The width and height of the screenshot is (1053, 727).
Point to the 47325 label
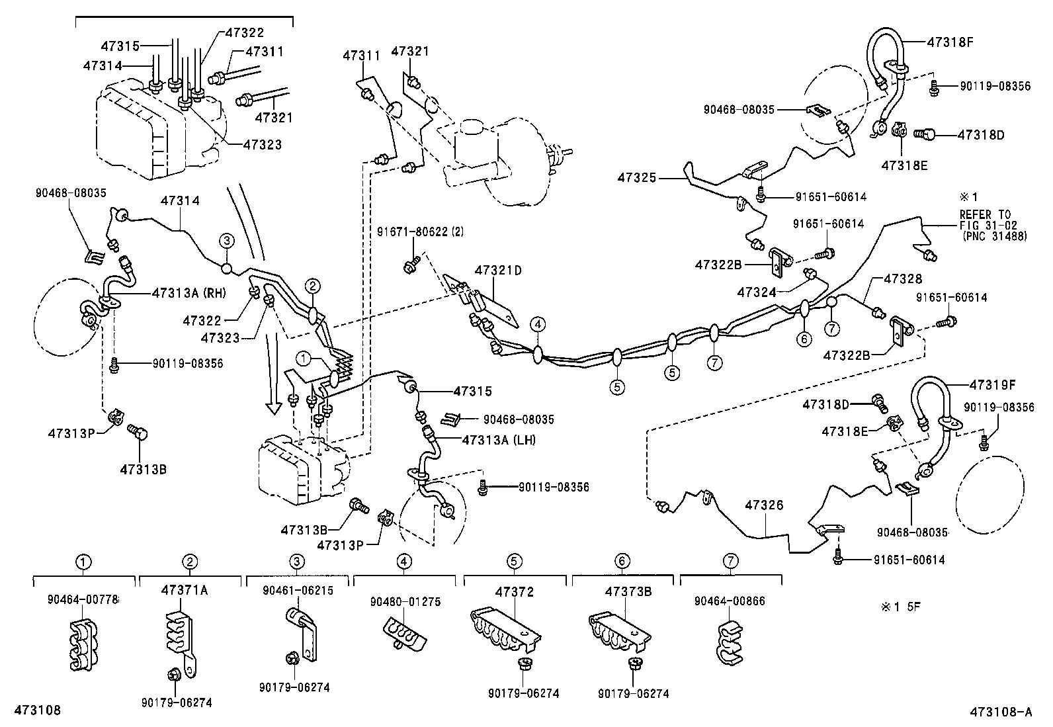tap(637, 177)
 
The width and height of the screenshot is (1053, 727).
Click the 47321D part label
tap(497, 270)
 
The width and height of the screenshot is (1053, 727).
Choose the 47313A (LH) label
tap(499, 440)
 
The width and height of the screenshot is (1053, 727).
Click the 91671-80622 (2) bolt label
tap(421, 232)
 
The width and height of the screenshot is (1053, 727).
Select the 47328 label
tap(902, 280)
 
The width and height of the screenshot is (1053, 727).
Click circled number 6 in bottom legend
tap(622, 562)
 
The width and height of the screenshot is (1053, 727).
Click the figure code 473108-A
tap(1001, 712)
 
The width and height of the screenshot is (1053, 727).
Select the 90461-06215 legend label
tap(297, 590)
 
